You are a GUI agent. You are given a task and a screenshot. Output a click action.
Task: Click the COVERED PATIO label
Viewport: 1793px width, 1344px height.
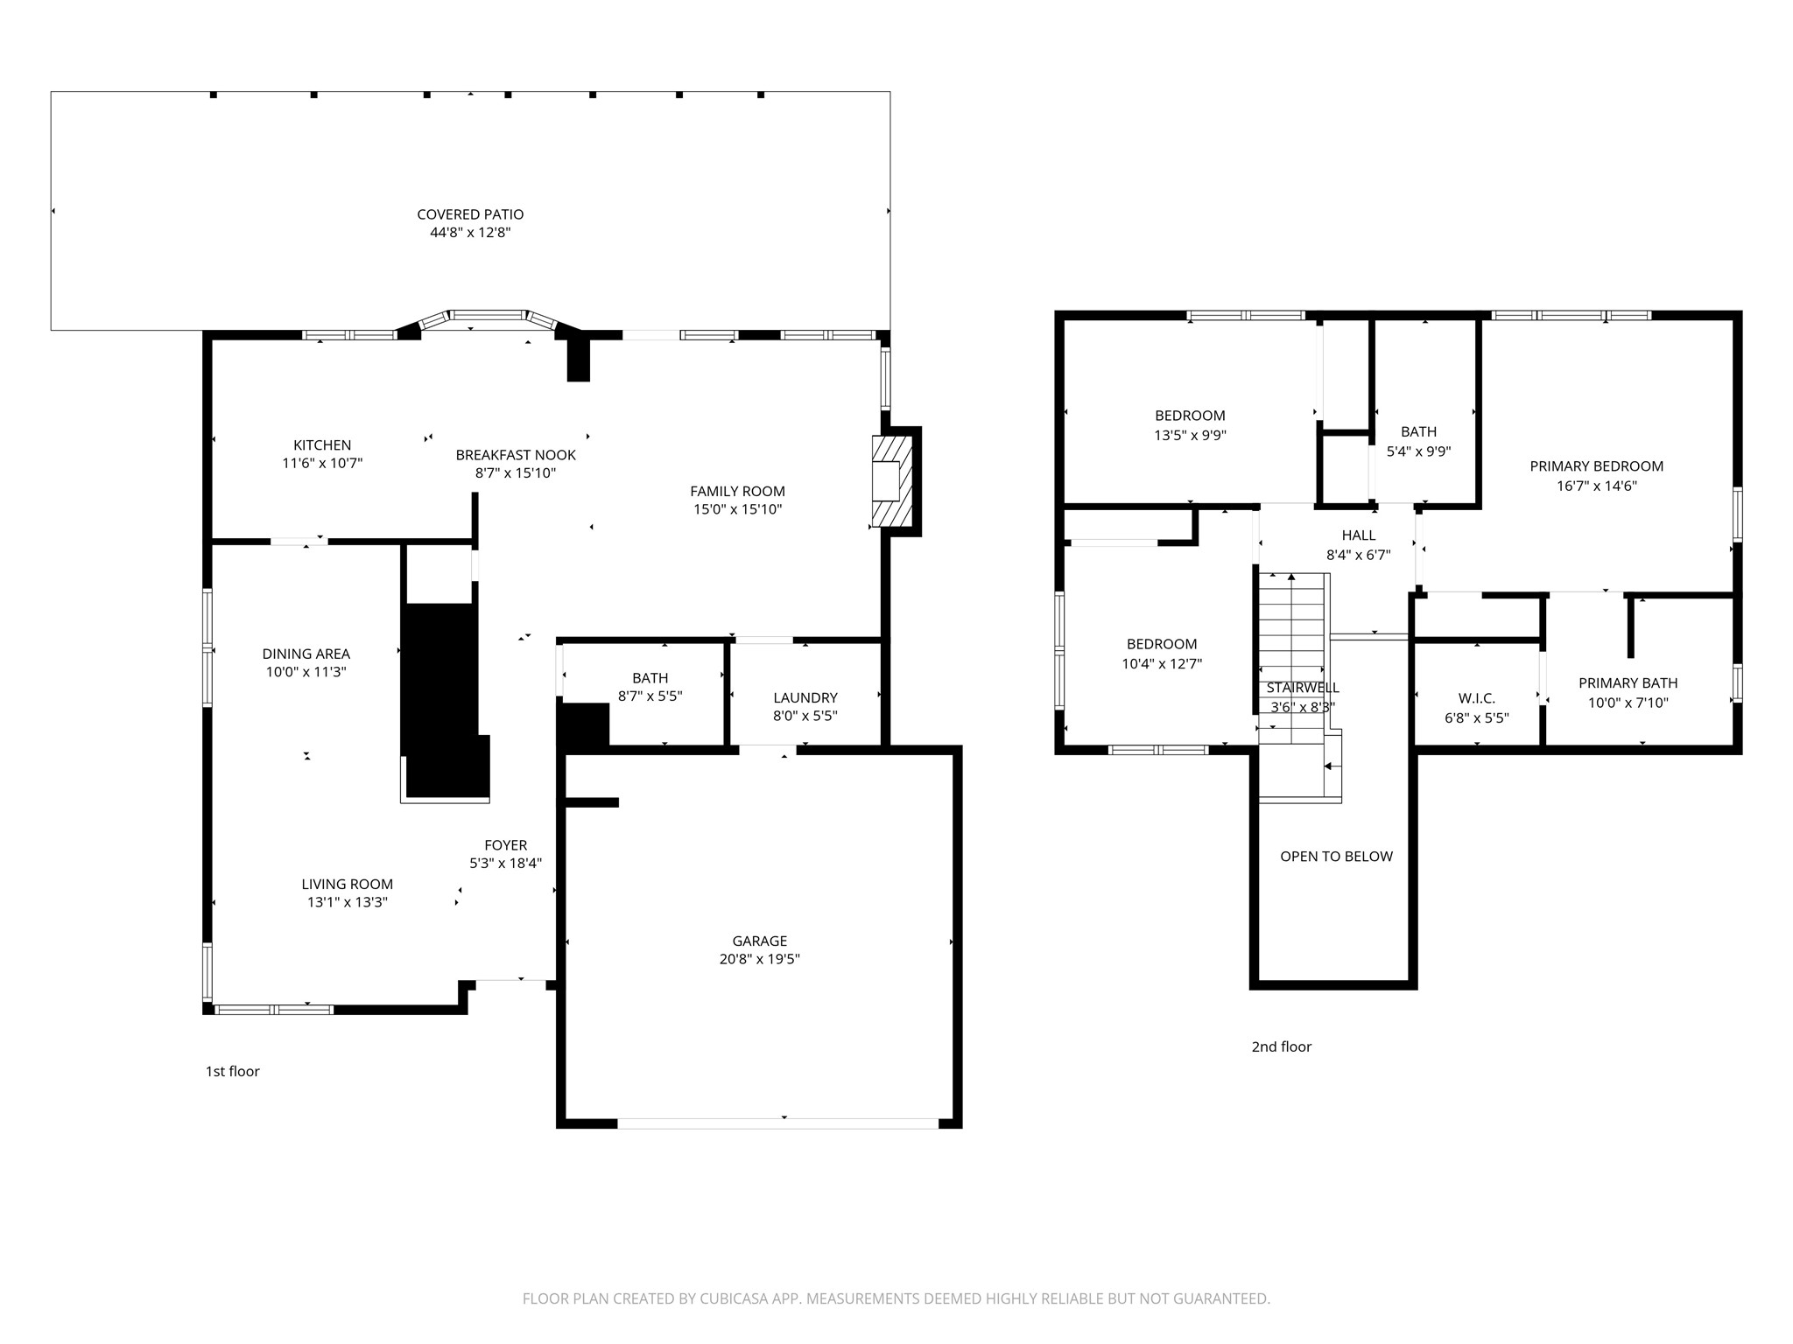(470, 214)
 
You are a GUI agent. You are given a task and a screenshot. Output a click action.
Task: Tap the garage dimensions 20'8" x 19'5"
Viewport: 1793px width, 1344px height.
(760, 959)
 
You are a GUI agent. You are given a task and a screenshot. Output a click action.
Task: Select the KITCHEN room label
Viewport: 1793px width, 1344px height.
(322, 445)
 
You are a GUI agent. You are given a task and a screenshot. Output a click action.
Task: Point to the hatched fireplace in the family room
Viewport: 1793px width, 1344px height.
(892, 481)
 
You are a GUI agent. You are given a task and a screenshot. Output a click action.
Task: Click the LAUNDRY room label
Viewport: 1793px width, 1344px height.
(805, 697)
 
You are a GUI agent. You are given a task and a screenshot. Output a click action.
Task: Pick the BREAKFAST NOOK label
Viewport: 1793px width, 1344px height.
(516, 455)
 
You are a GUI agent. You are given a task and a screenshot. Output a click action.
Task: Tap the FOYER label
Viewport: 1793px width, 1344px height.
(506, 845)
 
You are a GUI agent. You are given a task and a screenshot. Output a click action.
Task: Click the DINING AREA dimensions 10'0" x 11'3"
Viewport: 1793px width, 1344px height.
(306, 672)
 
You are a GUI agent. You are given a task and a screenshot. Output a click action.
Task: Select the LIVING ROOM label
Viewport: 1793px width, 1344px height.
(348, 884)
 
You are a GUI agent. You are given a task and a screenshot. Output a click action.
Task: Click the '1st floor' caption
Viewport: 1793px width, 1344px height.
(233, 1071)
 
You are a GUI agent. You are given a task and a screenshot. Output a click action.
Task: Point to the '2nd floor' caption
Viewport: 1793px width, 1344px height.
(1282, 1046)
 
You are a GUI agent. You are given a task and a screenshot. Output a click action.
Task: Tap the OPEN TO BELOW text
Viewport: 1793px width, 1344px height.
(1336, 857)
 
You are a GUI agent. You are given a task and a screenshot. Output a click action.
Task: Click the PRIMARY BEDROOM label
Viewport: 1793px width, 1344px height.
(1597, 466)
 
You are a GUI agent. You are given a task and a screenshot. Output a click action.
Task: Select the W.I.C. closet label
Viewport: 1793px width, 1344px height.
(1477, 698)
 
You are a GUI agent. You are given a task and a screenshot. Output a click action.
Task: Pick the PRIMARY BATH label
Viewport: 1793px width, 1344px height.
(1628, 683)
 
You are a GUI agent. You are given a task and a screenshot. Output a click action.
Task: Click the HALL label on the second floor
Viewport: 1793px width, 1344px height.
(1359, 535)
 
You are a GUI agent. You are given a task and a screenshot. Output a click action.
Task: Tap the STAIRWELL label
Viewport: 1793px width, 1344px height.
(1303, 688)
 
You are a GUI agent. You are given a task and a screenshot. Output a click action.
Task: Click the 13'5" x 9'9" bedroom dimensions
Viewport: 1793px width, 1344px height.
(1190, 435)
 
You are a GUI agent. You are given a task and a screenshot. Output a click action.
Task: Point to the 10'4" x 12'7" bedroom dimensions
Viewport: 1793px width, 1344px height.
(1162, 664)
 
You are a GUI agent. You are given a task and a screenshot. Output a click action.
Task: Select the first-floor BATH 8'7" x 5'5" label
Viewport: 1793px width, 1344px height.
(650, 688)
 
